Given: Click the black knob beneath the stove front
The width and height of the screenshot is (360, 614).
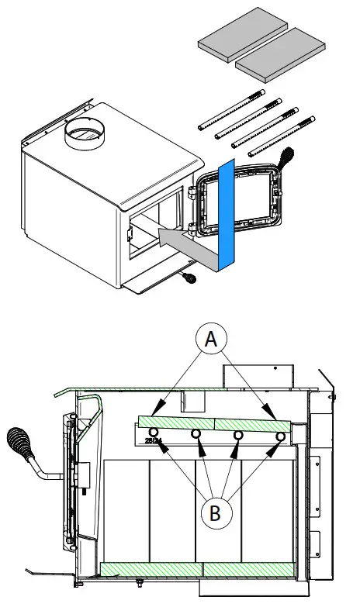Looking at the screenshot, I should [189, 276].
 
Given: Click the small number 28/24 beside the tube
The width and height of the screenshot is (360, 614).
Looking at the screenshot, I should [154, 442].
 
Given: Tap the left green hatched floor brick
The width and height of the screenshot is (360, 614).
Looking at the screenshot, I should [151, 568].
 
